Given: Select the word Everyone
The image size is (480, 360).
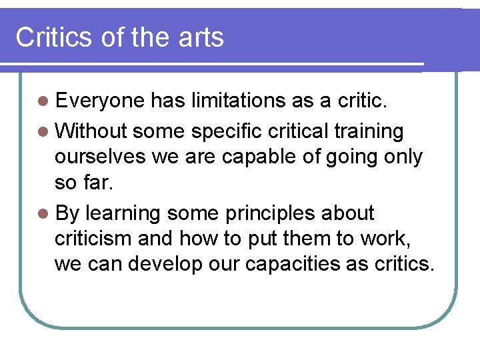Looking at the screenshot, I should (x=100, y=101).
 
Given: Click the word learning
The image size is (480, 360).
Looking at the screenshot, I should (x=123, y=213).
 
